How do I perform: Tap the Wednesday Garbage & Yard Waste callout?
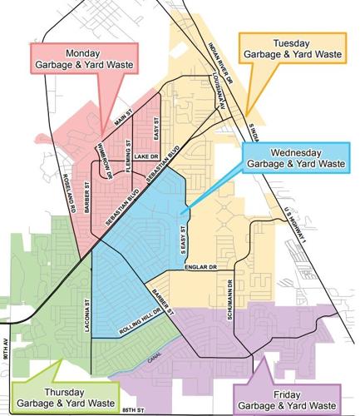click(x=289, y=158)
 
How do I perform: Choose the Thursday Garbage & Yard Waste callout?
click(x=58, y=395)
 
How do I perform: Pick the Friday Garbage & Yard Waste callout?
click(x=287, y=397)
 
